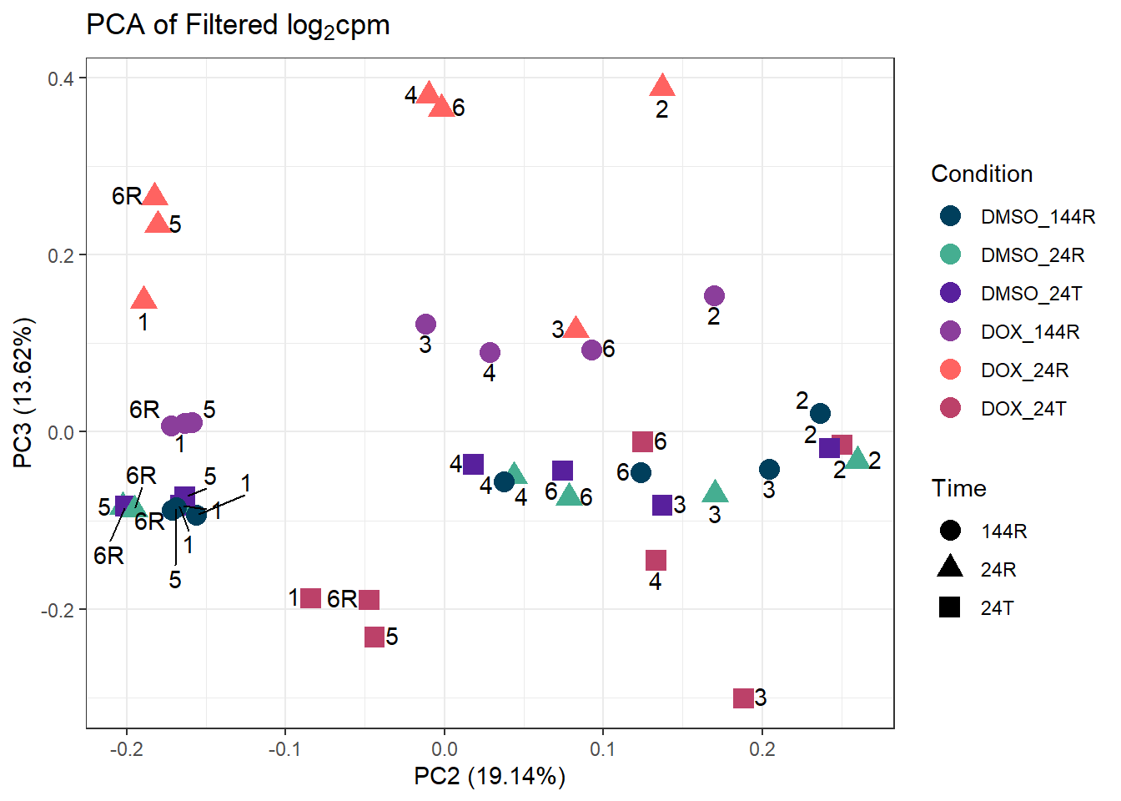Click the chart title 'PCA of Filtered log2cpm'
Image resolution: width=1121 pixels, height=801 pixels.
(238, 25)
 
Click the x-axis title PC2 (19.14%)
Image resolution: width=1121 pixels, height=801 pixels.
(490, 776)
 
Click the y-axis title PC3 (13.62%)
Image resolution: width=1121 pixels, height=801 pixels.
(23, 392)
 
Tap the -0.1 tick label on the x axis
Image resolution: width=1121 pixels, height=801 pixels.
(285, 748)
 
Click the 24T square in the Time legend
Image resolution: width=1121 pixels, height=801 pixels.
(949, 607)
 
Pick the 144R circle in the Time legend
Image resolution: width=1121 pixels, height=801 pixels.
(949, 531)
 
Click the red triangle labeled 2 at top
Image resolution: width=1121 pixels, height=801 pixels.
(662, 85)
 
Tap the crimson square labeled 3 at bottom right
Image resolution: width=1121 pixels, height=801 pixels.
(743, 698)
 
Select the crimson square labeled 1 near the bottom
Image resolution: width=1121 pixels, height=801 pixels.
(310, 597)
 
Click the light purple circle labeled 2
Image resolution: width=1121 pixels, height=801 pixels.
(714, 295)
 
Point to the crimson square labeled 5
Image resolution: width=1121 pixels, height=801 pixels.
(375, 637)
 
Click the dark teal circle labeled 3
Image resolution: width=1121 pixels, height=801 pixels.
(769, 470)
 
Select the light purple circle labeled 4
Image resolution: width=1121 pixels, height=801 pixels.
(490, 353)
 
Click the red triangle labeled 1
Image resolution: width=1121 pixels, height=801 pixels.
(143, 299)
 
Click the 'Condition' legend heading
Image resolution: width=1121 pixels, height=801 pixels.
(982, 174)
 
